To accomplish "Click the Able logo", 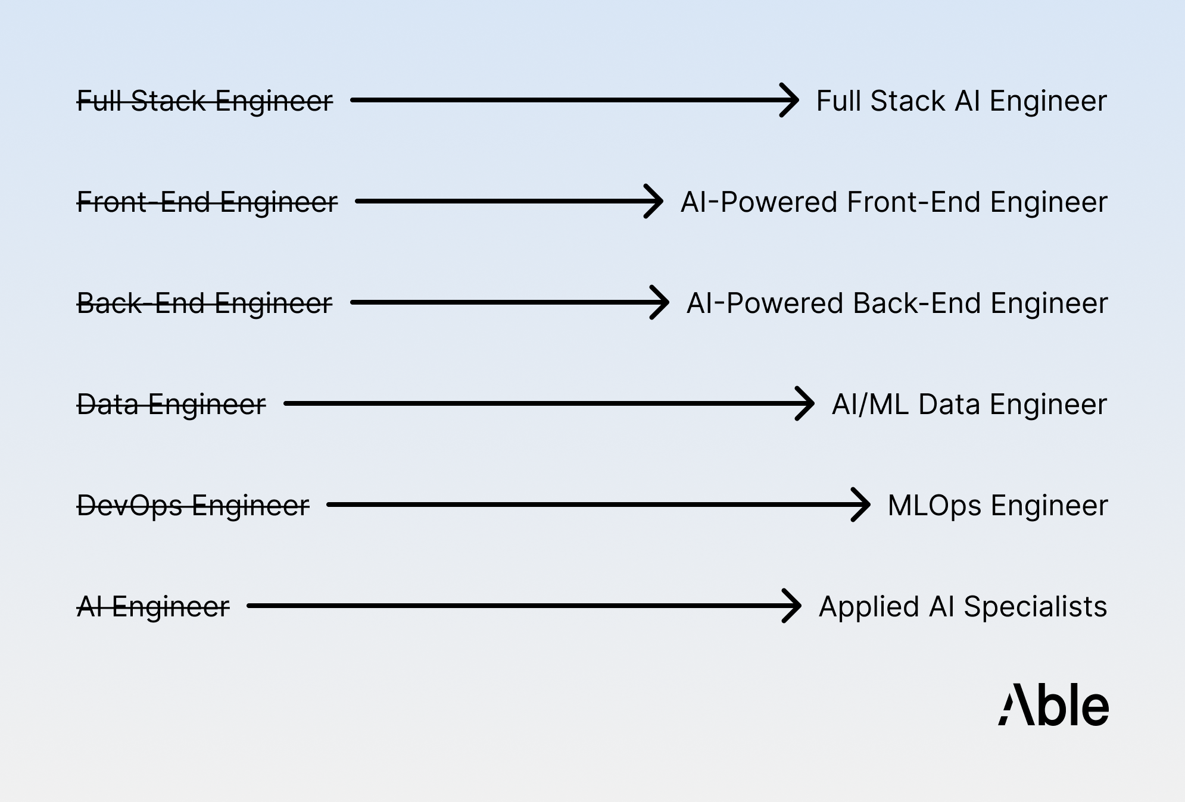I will click(1053, 705).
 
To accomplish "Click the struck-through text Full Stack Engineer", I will click(205, 101).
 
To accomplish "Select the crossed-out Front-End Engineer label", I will click(207, 202).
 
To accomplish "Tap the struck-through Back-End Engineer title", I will click(205, 303).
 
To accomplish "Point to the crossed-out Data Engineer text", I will click(171, 405).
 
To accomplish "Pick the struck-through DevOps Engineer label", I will click(193, 506).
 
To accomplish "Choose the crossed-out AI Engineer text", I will click(153, 607).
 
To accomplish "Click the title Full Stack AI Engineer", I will click(961, 101).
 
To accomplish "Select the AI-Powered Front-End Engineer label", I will click(893, 202).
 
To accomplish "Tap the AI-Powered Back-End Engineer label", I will click(897, 303).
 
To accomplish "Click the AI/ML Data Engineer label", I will click(969, 405).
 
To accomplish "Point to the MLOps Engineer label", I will click(997, 506).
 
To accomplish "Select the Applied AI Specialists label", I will click(962, 607).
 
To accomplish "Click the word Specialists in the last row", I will click(1035, 607).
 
